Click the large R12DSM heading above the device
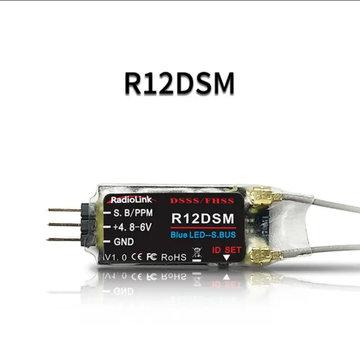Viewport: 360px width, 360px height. [179, 83]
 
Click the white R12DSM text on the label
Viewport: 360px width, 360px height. [203, 219]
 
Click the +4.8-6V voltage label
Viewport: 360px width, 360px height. [132, 227]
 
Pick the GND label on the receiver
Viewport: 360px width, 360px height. [123, 242]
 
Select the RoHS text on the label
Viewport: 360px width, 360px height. [173, 257]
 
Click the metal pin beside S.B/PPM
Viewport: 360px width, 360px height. [63, 210]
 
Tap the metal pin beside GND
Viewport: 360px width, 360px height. [63, 239]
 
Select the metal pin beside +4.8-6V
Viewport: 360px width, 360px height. [63, 224]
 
